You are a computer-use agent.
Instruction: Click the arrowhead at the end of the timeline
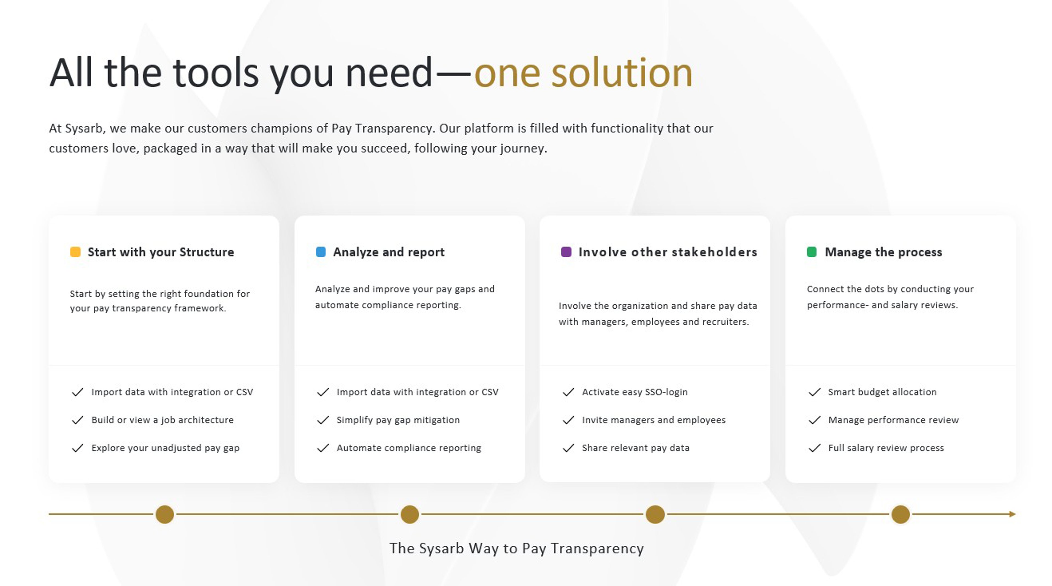pyautogui.click(x=1012, y=514)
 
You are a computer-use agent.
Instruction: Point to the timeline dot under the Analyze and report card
pyautogui.click(x=410, y=514)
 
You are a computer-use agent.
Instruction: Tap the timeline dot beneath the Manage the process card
pyautogui.click(x=901, y=514)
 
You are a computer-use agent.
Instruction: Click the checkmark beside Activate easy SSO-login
pyautogui.click(x=568, y=392)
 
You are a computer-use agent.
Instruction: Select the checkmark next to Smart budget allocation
pyautogui.click(x=814, y=392)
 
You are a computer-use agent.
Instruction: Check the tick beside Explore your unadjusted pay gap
pyautogui.click(x=78, y=448)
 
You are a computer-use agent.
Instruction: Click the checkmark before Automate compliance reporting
pyautogui.click(x=323, y=448)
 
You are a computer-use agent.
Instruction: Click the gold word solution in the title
pyautogui.click(x=622, y=73)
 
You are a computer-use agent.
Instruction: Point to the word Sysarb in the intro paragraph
pyautogui.click(x=84, y=129)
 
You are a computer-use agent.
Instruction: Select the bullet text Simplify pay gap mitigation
pyautogui.click(x=398, y=420)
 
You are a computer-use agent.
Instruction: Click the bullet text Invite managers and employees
pyautogui.click(x=653, y=420)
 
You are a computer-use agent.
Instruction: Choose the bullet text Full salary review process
pyautogui.click(x=886, y=448)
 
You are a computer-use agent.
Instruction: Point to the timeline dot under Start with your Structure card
pyautogui.click(x=165, y=514)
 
